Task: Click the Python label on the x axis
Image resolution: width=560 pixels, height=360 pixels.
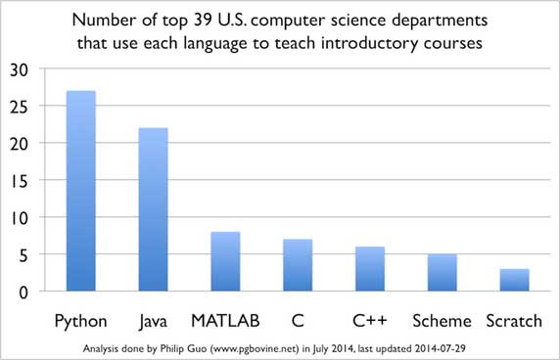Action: click(80, 320)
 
